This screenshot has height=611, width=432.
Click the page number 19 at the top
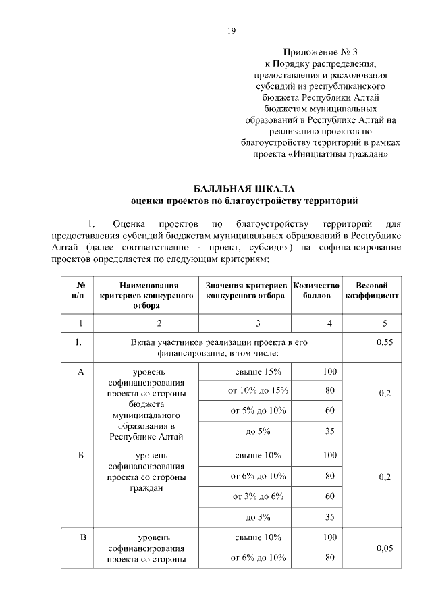click(x=232, y=30)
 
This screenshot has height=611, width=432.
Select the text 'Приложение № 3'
click(x=317, y=51)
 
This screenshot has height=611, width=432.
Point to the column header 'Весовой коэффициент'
click(x=372, y=291)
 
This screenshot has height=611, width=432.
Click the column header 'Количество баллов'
click(x=317, y=291)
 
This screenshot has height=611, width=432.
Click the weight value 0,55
click(x=384, y=342)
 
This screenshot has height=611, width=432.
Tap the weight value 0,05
click(x=384, y=548)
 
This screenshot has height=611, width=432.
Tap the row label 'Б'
click(x=81, y=456)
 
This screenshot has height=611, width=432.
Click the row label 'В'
click(x=82, y=537)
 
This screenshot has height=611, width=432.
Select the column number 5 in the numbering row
click(x=384, y=323)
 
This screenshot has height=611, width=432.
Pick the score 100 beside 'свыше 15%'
click(x=329, y=372)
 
